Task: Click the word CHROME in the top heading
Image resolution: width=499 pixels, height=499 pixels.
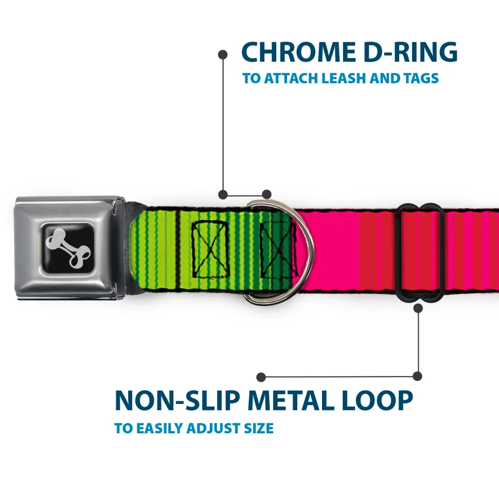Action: (x=295, y=52)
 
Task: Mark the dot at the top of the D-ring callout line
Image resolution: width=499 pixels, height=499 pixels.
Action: (x=223, y=53)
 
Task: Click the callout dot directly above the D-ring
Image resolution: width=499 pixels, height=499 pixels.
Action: (x=266, y=194)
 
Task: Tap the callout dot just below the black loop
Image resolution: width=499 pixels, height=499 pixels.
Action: (x=418, y=308)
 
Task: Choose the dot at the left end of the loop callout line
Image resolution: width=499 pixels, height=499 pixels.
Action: (x=261, y=377)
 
